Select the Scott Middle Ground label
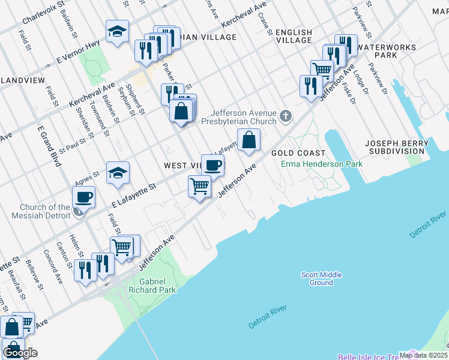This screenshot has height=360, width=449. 321,278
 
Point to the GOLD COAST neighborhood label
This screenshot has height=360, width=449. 298,154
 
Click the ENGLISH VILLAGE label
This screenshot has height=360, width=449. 294,36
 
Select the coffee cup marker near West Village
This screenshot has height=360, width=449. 212,166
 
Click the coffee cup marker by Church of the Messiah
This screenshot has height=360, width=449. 84,197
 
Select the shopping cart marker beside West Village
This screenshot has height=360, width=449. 199,186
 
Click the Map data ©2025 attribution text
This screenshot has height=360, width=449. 423,355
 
